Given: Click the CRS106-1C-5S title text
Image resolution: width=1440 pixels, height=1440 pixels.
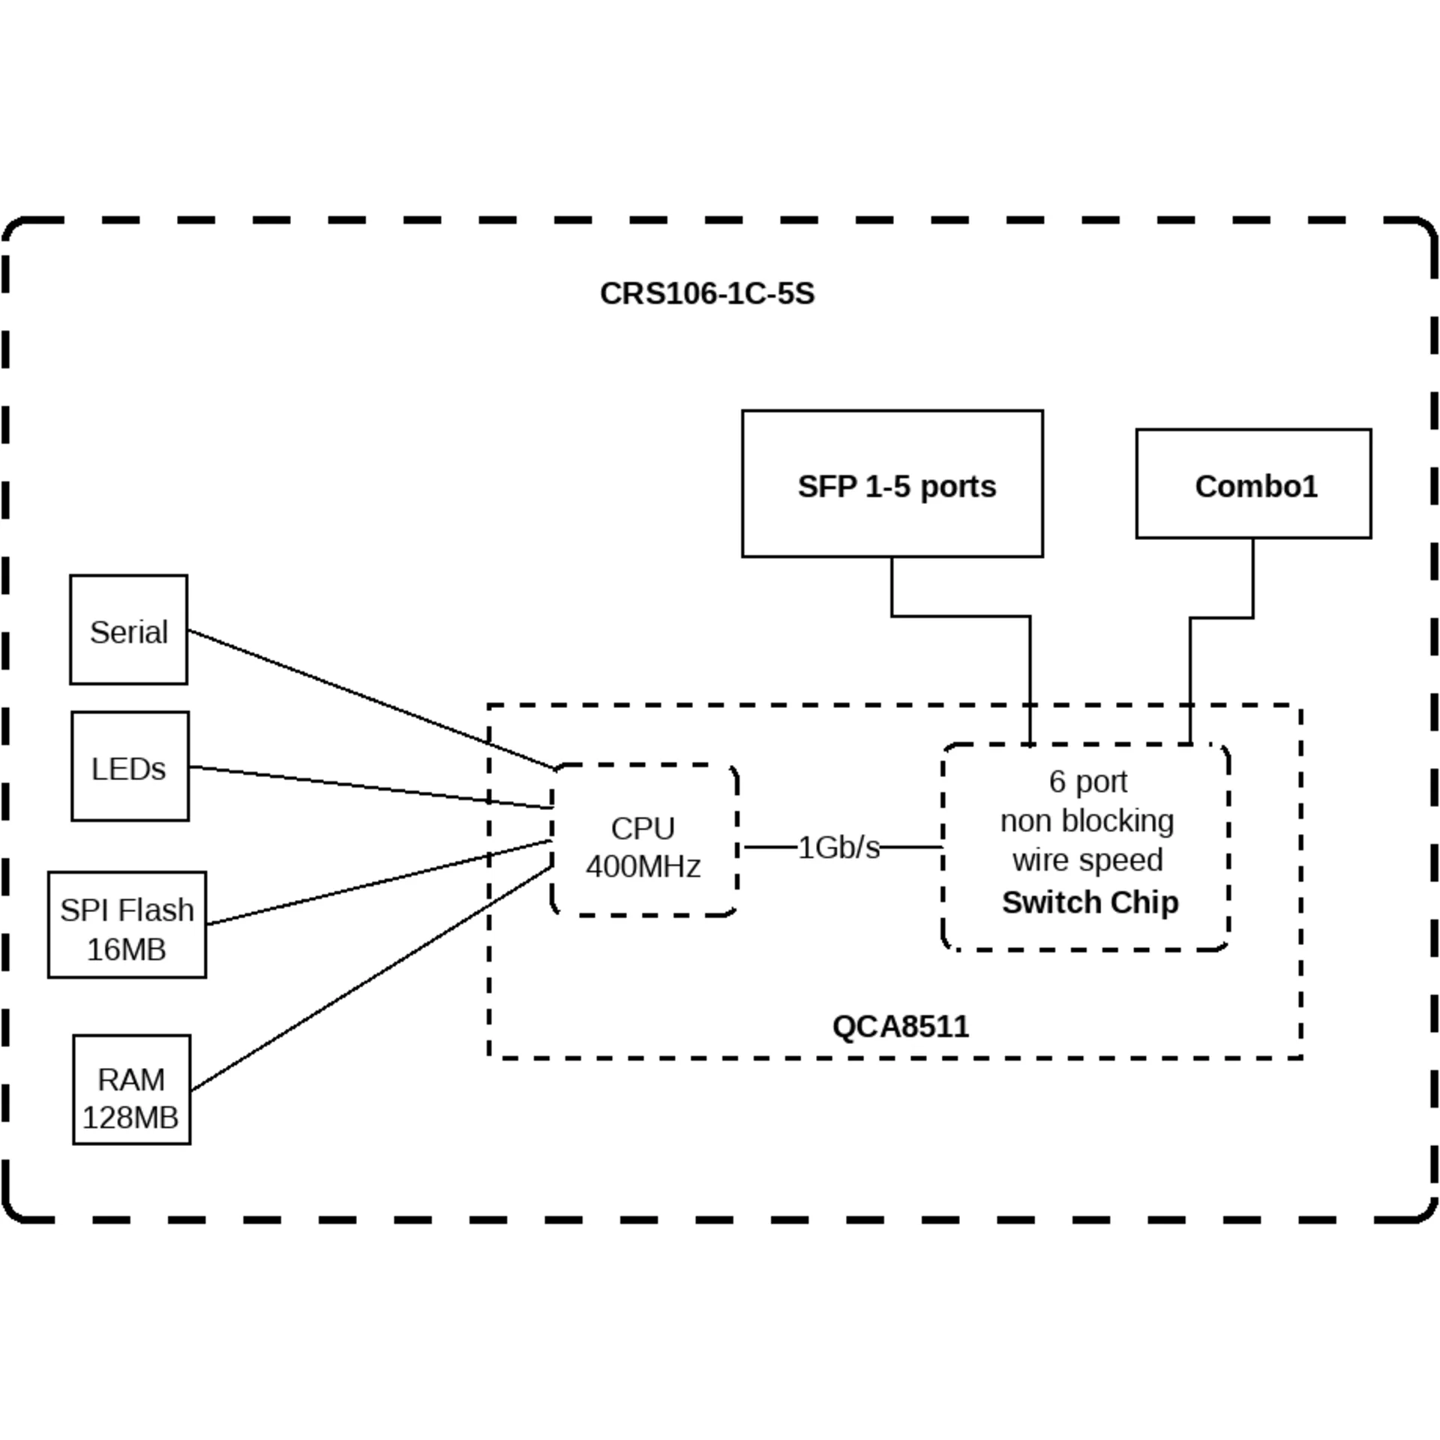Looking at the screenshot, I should coord(706,293).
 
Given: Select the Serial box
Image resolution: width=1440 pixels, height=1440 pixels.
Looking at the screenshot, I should coord(128,630).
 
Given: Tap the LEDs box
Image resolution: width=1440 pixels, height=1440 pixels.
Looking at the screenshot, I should coord(130,766).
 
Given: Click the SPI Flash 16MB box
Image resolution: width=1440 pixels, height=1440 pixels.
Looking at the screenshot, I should coord(127,925).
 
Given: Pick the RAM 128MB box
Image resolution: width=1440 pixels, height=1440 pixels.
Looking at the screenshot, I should coord(131,1090).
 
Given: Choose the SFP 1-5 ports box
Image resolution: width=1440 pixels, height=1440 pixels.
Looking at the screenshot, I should coord(892,484).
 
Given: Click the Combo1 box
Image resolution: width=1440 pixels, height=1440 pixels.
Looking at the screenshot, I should coord(1253,484).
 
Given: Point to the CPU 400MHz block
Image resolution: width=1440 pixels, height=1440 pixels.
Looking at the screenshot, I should coord(644,840).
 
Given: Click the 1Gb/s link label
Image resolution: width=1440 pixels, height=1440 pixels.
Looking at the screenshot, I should coord(838,847).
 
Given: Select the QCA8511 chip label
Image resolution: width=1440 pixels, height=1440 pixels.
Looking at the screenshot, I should coord(900,1026).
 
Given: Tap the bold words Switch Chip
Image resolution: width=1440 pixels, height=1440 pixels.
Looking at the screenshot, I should coord(1090,902).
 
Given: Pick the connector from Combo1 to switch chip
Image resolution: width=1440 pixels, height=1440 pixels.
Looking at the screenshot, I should coord(1190,675).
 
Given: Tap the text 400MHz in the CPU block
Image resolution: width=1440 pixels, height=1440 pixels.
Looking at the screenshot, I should coord(643,867).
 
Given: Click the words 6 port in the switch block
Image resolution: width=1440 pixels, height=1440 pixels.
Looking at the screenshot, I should coord(1087,781).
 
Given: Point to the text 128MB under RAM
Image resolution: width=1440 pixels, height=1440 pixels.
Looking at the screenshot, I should coord(130,1117).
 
